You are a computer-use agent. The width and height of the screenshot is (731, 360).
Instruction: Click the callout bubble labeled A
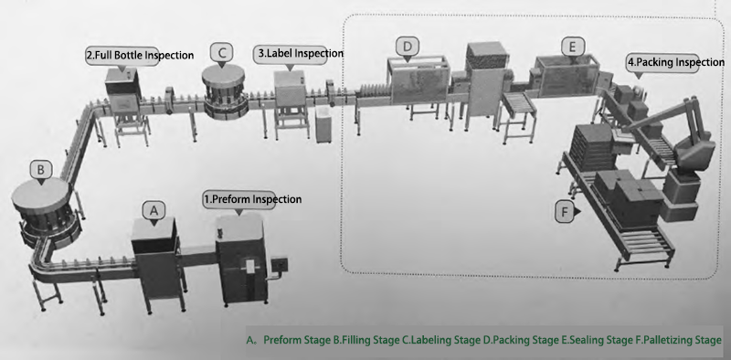154,211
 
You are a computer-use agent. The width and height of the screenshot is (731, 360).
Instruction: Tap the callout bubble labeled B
41,170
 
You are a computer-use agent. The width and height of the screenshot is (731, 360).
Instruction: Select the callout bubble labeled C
222,53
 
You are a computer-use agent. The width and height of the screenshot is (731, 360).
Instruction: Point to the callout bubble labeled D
408,48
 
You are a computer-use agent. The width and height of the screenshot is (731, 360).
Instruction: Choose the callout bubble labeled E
573,47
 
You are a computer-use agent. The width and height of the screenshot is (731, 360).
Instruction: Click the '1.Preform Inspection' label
252,199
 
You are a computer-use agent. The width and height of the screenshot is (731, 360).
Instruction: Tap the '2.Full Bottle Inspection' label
140,55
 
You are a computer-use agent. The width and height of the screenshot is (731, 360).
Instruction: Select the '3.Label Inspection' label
299,53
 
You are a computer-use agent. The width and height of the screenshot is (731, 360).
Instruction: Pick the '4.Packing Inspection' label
675,62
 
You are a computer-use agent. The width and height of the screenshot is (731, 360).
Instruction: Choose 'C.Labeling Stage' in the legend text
441,340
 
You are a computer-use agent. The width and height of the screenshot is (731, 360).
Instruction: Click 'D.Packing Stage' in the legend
521,340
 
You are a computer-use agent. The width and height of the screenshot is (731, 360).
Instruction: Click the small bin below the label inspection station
323,124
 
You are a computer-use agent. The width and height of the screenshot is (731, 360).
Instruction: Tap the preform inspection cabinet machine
241,259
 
